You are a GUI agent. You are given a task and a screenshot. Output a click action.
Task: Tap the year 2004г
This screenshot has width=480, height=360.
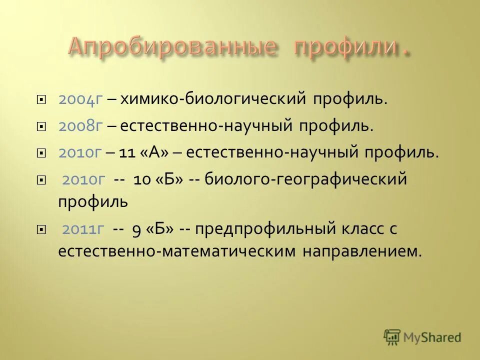(80, 99)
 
